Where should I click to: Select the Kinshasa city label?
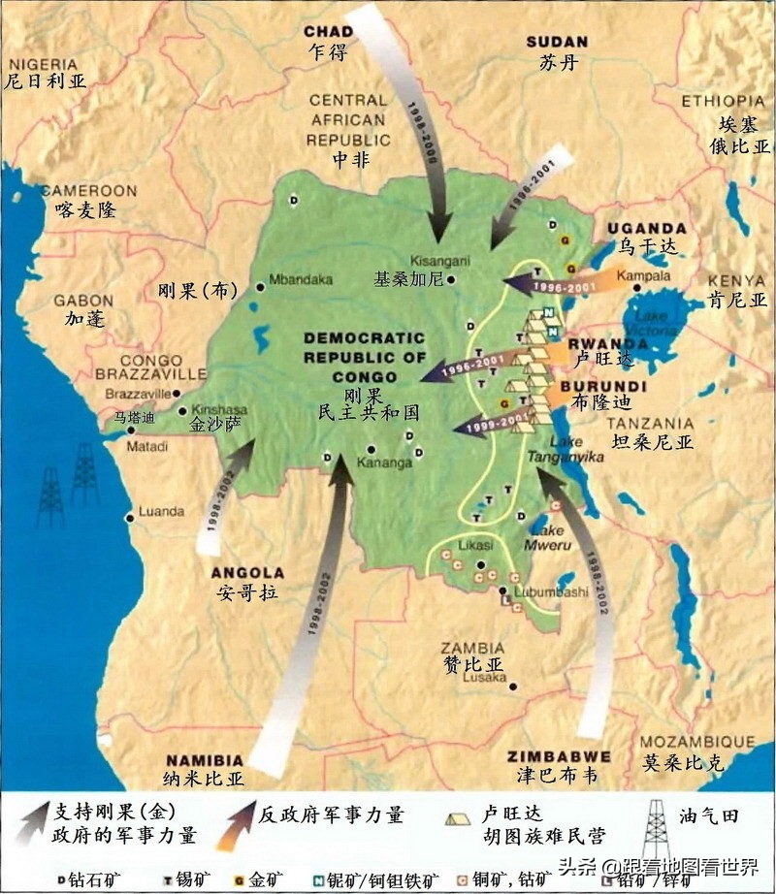coord(217,409)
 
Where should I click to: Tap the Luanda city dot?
coord(130,518)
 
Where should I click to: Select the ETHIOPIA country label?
coord(723,101)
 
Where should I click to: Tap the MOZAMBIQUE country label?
coord(681,742)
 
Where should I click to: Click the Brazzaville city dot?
coord(179,394)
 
